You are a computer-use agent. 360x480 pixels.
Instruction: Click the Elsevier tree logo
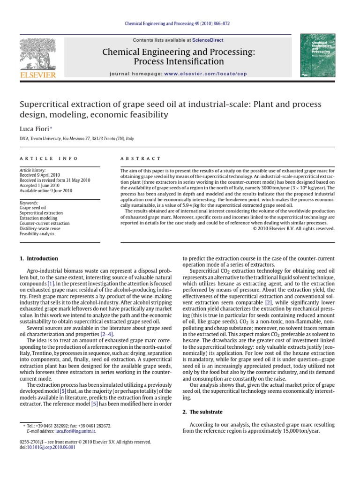pyautogui.click(x=37, y=54)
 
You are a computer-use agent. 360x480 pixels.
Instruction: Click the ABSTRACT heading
pyautogui.click(x=140, y=158)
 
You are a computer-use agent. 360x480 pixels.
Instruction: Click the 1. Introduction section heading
pyautogui.click(x=39, y=258)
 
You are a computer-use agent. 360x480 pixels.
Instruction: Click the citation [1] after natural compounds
pyautogui.click(x=50, y=284)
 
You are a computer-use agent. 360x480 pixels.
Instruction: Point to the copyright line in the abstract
pyautogui.click(x=294, y=228)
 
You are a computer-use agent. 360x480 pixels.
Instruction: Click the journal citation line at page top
pyautogui.click(x=180, y=23)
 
